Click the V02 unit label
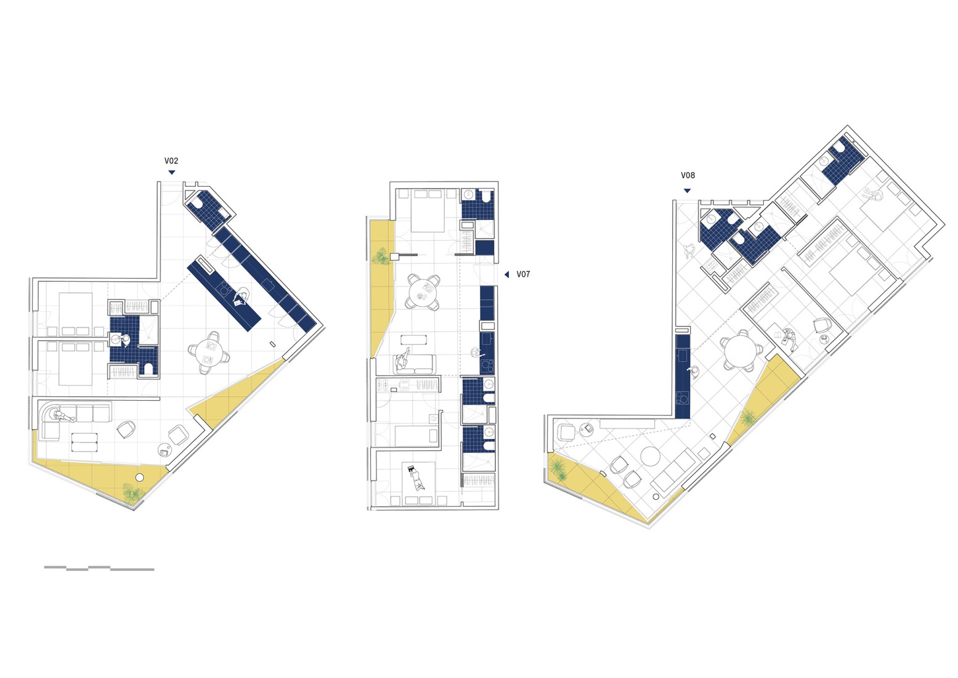click(x=171, y=161)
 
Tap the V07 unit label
click(x=523, y=274)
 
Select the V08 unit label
click(x=688, y=176)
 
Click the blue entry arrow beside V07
click(x=506, y=275)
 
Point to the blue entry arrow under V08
click(x=687, y=190)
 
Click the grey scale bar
click(x=99, y=568)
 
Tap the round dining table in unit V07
click(x=423, y=292)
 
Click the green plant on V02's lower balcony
click(x=132, y=493)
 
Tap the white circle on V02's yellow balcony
click(x=140, y=477)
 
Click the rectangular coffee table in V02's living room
click(x=84, y=442)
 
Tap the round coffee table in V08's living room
click(x=651, y=457)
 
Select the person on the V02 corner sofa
click(x=62, y=417)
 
